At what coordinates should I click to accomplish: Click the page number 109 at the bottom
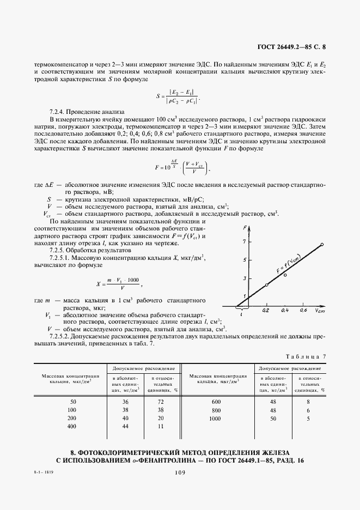point(180,473)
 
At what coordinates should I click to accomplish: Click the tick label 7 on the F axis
point(245,240)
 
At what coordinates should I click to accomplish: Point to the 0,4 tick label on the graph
point(284,309)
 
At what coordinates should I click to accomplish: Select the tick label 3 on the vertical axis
point(245,278)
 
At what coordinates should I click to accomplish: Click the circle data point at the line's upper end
point(322,245)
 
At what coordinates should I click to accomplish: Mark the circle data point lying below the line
point(285,275)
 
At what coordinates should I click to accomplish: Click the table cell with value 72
point(161,402)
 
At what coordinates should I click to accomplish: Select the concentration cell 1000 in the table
point(217,419)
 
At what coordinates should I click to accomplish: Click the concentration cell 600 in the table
point(217,402)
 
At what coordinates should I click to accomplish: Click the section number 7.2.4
point(59,111)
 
